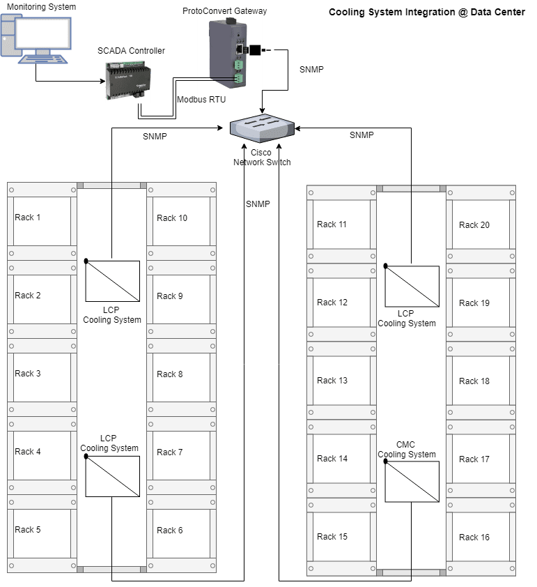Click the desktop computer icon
(36, 39)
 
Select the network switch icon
(262, 130)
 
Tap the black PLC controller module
(128, 81)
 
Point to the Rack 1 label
(28, 218)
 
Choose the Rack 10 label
(172, 218)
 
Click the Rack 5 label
(28, 530)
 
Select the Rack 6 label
(170, 531)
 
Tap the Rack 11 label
(332, 224)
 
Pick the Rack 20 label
(474, 225)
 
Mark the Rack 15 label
(332, 537)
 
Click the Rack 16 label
(474, 538)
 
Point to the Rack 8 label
(170, 374)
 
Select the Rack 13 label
(332, 381)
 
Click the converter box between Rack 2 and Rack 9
(113, 282)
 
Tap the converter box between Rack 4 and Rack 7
(113, 477)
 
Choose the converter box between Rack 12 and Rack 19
(412, 287)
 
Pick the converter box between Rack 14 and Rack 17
(412, 482)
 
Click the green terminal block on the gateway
(239, 72)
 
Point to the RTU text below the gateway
(217, 100)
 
